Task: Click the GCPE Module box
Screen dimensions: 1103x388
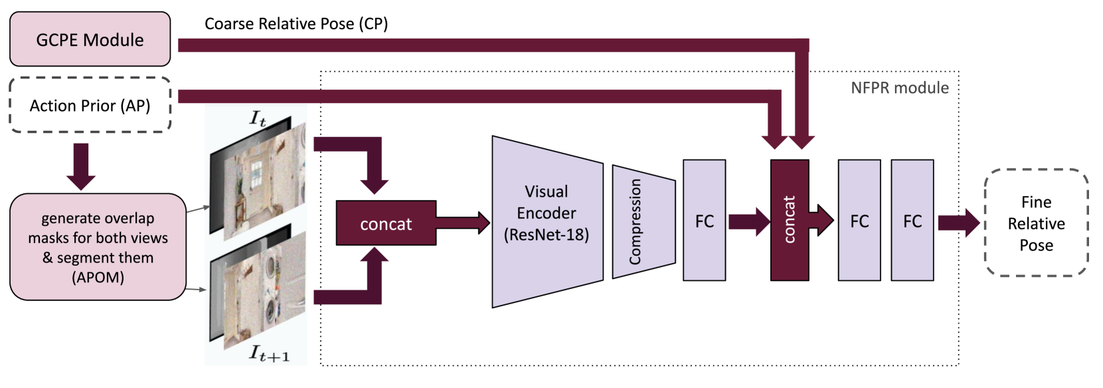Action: click(90, 39)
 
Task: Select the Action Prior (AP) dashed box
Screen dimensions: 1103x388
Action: click(90, 105)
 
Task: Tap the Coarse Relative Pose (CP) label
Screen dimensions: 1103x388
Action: click(296, 24)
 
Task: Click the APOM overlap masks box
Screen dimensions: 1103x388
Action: click(98, 247)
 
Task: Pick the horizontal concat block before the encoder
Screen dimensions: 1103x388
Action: click(386, 223)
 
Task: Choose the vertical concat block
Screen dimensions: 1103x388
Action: click(790, 220)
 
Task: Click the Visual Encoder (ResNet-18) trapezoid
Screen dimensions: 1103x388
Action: click(548, 222)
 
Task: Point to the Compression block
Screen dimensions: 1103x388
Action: click(643, 222)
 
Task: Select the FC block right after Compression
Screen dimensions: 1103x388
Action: click(704, 220)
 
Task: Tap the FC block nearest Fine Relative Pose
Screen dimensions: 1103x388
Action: click(912, 220)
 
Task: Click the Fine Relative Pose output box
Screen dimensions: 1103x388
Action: click(1036, 223)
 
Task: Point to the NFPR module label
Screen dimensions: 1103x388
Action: click(900, 88)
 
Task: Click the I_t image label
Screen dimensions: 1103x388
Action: click(258, 119)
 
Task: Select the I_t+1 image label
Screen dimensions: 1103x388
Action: click(270, 353)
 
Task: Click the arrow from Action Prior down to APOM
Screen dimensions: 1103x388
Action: click(81, 166)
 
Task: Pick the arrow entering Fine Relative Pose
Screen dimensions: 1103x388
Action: click(959, 223)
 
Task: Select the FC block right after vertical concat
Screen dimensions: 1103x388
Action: click(859, 220)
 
